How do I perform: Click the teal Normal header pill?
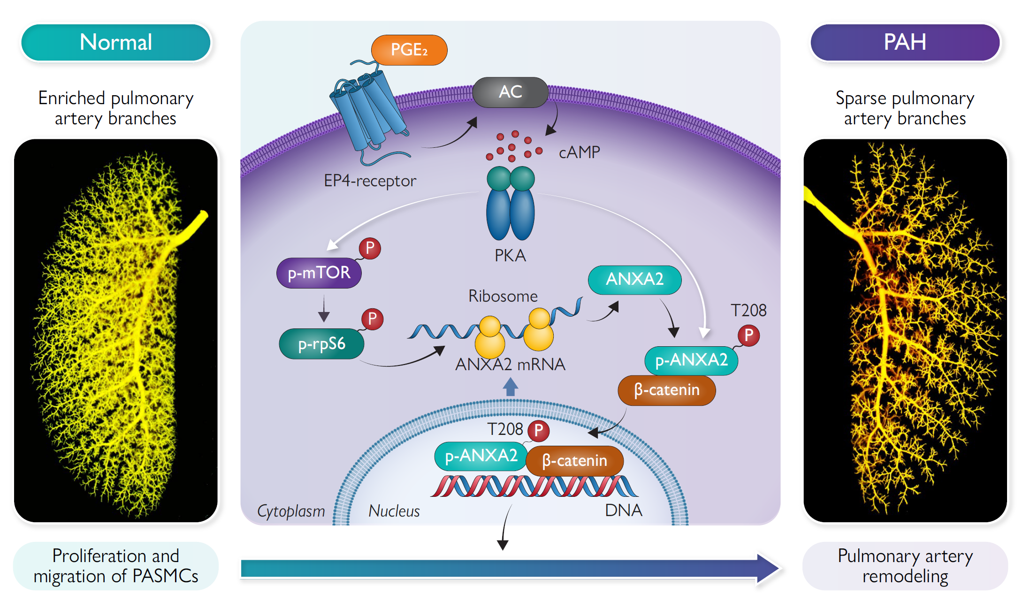coord(116,42)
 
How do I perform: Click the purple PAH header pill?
coord(905,42)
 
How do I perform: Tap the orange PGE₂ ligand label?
coord(409,50)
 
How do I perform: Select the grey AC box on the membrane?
coord(510,92)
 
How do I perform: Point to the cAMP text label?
coord(579,152)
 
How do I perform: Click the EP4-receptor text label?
coord(370,181)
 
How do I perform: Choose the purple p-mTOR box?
coord(319,273)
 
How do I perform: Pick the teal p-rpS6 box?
coord(321,344)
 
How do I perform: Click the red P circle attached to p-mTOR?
coord(370,248)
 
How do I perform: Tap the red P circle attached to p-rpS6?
coord(372,319)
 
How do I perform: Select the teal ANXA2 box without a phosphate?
coord(634,280)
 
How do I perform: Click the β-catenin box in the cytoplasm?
coord(666,390)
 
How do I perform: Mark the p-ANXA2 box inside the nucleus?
coord(481,456)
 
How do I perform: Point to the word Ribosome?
coord(503,296)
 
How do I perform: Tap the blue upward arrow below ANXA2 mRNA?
coord(511,387)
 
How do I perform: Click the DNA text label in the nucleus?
coord(623,510)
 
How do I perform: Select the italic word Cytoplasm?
coord(291,511)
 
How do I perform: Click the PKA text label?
coord(510,256)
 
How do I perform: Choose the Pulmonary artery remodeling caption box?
coord(905,566)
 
